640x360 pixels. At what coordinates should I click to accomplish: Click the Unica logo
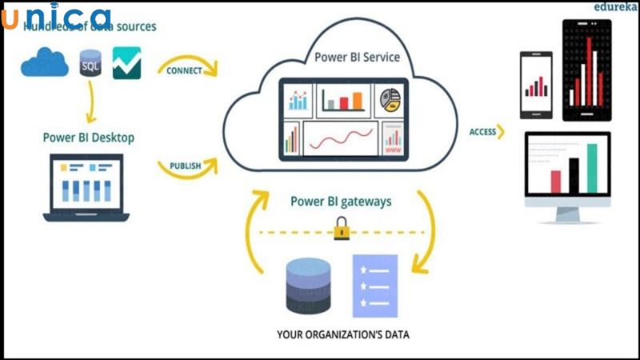tap(56, 17)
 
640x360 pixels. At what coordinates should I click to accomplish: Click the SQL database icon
tap(90, 63)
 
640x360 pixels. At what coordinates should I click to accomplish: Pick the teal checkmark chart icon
tap(126, 62)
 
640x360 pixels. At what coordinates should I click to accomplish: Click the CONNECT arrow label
tap(184, 70)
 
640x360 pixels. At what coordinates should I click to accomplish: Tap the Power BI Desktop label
tap(88, 138)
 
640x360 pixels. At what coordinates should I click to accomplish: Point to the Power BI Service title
tap(357, 58)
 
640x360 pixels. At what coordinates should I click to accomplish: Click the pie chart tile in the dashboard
tap(391, 98)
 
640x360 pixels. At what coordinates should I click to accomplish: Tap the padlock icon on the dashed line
tap(340, 233)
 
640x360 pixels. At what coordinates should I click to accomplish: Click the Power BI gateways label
tap(341, 202)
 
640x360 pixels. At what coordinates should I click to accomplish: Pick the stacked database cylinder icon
tap(308, 286)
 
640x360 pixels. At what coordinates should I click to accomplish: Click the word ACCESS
tap(482, 132)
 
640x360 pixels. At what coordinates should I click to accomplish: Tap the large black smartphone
tap(591, 70)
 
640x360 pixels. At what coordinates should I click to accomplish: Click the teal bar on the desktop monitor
tap(592, 169)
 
